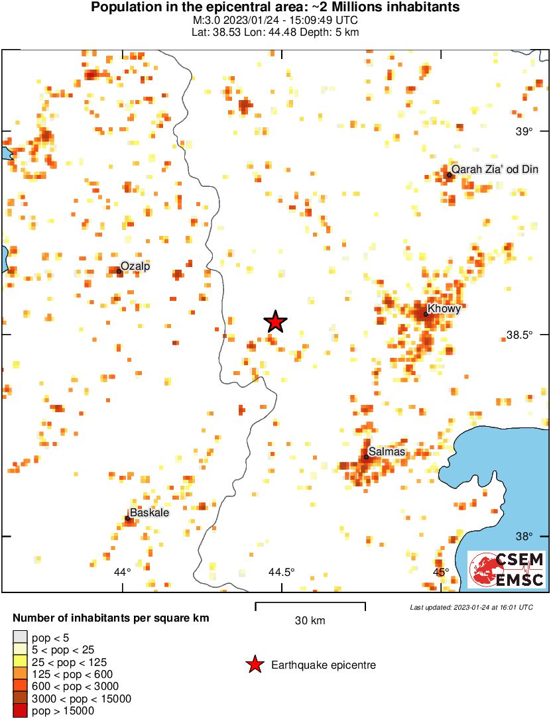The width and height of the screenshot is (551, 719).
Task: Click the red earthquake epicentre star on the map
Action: (276, 322)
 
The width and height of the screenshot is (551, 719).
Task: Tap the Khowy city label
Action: (444, 308)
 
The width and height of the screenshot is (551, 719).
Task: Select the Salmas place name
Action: (386, 452)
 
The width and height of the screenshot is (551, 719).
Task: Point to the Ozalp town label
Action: (135, 266)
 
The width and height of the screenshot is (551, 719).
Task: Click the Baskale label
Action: (149, 513)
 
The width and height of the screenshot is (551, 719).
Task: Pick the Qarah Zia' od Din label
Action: (495, 170)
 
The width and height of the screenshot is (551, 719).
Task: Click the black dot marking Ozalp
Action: (119, 271)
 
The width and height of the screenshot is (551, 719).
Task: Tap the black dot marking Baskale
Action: (127, 518)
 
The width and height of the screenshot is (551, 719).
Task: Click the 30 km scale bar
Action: (310, 604)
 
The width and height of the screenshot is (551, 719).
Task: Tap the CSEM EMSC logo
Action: (507, 569)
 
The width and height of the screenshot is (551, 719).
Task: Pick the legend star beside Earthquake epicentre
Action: (254, 665)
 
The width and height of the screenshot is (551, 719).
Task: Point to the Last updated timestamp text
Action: (471, 607)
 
